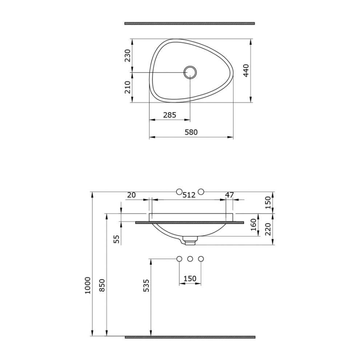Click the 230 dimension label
tap(128, 56)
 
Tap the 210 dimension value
tap(128, 87)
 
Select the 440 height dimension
tap(246, 70)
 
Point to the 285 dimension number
tap(170, 115)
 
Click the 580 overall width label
tap(191, 132)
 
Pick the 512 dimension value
tap(189, 195)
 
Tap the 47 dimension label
tap(229, 195)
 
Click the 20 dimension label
tap(131, 195)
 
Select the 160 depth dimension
tap(253, 225)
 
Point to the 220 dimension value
tap(268, 229)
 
